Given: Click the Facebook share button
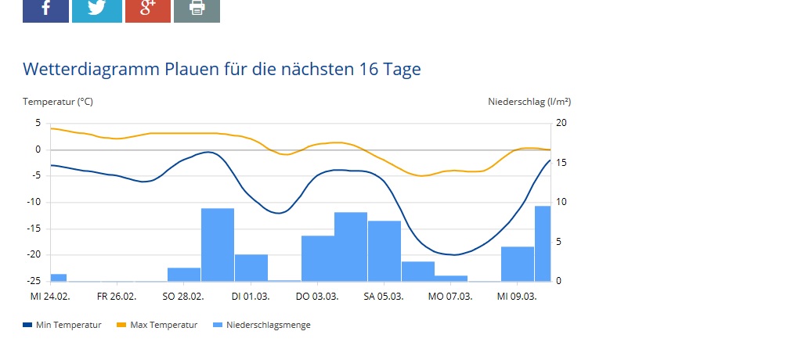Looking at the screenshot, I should tap(45, 10).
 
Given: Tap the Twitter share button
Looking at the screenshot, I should tap(96, 10).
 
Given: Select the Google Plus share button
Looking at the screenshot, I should tap(147, 10).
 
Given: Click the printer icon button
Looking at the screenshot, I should tap(197, 10).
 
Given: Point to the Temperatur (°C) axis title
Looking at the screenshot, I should tap(58, 102).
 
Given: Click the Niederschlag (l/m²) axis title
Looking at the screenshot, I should tap(529, 102).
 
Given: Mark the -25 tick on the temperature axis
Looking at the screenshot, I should tap(34, 280).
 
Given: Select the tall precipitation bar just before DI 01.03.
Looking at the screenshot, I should tap(218, 244).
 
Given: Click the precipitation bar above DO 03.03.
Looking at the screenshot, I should tap(318, 257).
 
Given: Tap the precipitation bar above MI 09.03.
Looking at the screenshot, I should tap(518, 264).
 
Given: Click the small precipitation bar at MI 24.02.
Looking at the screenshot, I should tap(59, 277).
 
